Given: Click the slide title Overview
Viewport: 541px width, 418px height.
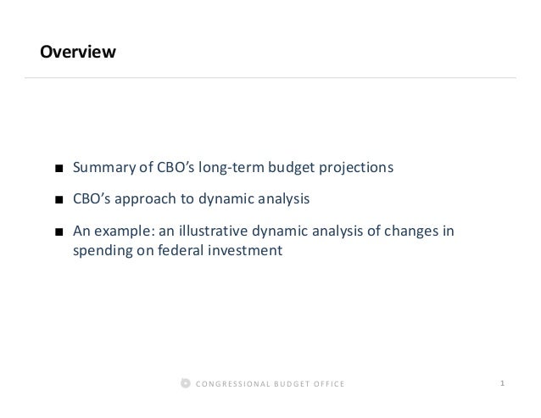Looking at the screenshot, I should [x=77, y=53].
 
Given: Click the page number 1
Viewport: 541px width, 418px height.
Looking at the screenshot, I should [x=503, y=384].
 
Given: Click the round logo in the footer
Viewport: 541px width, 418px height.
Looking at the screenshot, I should [x=186, y=384].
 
